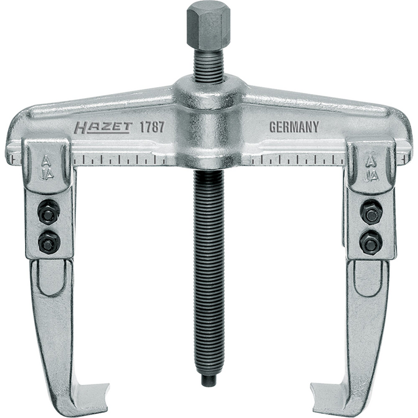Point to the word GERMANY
[x=294, y=128]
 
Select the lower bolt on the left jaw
[x=48, y=241]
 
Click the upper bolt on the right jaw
[x=370, y=212]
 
